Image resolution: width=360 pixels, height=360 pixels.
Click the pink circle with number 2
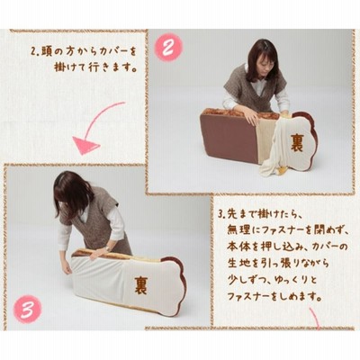168,48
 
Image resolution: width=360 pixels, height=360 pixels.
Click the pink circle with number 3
28,310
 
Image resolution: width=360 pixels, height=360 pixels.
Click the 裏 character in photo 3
140,284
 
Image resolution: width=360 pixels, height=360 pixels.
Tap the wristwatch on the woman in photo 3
107,248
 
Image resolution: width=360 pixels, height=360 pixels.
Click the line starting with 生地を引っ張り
278,264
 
